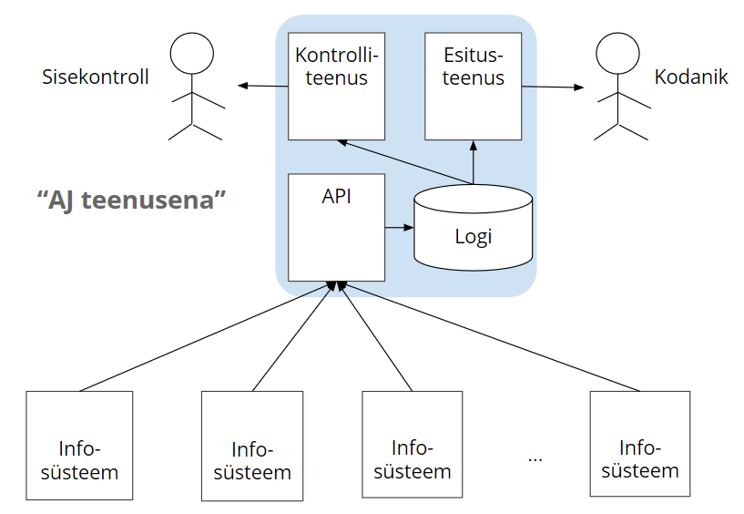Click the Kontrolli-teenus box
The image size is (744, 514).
tap(336, 87)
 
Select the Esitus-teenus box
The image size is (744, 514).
tap(474, 87)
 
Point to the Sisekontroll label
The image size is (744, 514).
tap(96, 77)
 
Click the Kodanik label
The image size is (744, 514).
tap(691, 77)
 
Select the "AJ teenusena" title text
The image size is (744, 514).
tap(131, 200)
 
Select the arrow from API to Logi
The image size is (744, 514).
tap(399, 226)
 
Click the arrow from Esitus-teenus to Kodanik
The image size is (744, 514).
tap(553, 87)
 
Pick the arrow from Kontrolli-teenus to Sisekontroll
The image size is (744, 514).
tap(263, 87)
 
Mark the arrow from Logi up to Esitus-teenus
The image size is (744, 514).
tap(474, 163)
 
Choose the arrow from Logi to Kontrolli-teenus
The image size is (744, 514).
tap(401, 161)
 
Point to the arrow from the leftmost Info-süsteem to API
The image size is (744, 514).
tap(200, 337)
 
